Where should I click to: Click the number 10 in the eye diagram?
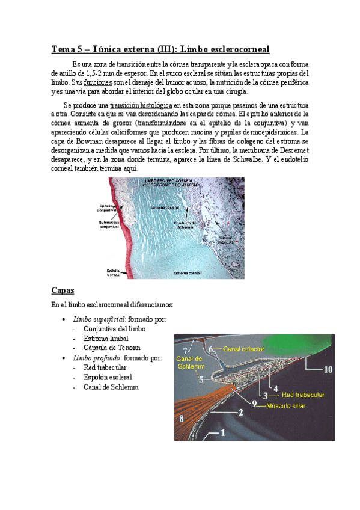pos(326,370)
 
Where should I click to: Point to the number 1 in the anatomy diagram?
pos(222,431)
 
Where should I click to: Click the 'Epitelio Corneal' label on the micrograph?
pos(110,273)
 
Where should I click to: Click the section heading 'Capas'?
pos(63,290)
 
